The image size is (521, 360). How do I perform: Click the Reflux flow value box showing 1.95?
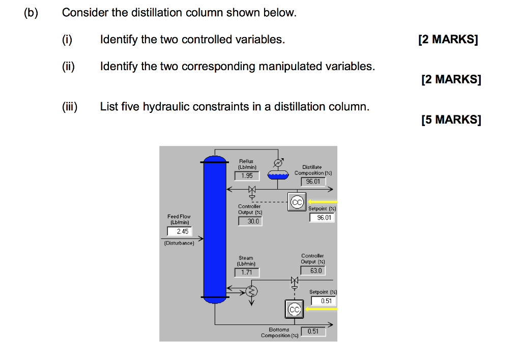[x=247, y=175]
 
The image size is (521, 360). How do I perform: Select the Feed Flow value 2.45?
[x=182, y=231]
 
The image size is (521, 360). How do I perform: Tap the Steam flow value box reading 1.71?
[x=247, y=273]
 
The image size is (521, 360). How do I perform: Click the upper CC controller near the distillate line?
[x=296, y=202]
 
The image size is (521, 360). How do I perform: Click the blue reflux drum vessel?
[x=277, y=175]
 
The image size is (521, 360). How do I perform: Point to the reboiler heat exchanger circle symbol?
[x=251, y=291]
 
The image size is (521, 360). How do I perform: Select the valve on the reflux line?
[x=251, y=190]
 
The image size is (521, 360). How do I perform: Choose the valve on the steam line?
[x=294, y=281]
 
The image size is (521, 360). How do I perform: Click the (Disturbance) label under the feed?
[x=179, y=243]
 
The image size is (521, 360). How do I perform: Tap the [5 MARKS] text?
[x=451, y=120]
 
